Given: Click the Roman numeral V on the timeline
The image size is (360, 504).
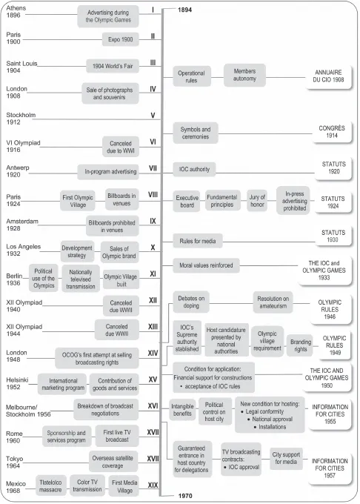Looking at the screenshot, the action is coord(152,116).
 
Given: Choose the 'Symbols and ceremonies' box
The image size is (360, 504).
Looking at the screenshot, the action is coord(196,133).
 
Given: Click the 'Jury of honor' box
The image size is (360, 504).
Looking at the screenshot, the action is coord(257,199).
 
